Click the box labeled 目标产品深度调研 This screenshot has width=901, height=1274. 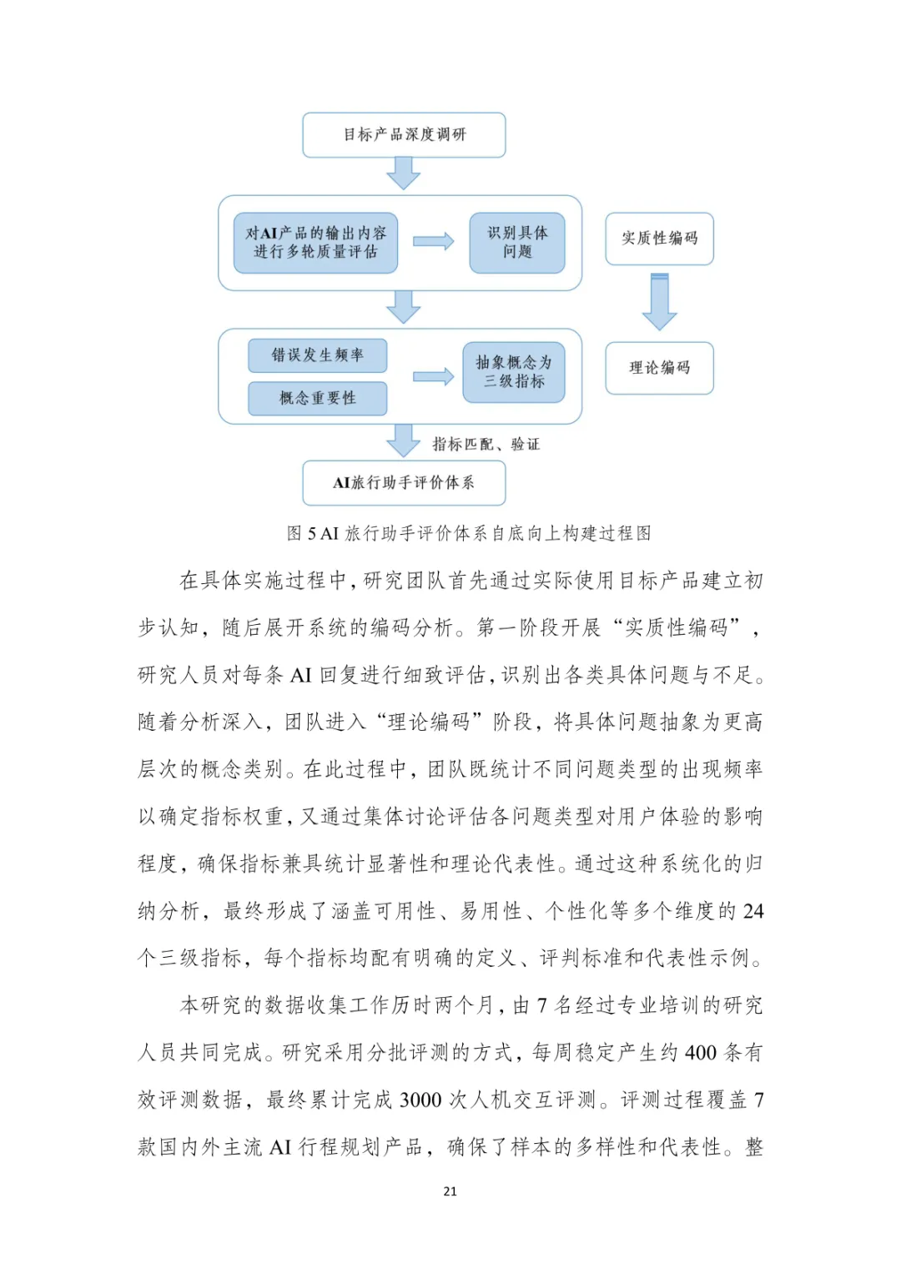coord(404,134)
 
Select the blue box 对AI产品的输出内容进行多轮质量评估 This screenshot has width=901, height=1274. coord(315,243)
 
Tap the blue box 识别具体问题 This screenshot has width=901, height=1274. coord(517,243)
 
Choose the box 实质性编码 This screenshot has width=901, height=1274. coord(659,239)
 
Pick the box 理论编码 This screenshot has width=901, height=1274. coord(659,368)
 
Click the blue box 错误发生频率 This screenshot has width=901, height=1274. coord(317,355)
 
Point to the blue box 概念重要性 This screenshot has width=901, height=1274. coord(317,398)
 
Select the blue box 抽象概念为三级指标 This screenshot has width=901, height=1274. coord(514,372)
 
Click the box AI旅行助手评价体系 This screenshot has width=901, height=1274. coord(404,482)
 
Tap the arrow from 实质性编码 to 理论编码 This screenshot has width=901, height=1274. coord(659,302)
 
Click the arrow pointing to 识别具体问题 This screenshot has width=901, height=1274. coord(433,242)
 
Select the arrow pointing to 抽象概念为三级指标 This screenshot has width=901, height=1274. coord(433,377)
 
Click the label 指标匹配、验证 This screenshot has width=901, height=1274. coord(486,445)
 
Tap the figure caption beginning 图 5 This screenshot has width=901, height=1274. coord(469,533)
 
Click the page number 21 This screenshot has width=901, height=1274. coord(450,1191)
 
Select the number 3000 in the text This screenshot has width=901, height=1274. coord(420,1100)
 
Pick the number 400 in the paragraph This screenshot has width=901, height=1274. coord(701,1053)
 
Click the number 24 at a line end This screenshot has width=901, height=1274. coord(753,911)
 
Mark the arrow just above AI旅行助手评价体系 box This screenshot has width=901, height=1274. coord(404,441)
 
